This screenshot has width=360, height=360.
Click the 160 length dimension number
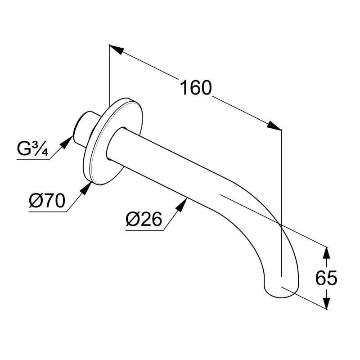196,88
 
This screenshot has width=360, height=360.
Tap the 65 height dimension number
326,278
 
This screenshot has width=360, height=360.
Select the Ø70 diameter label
47,200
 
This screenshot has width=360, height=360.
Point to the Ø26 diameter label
144,219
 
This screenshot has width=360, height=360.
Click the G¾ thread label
32,148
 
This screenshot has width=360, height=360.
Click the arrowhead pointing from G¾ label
67,142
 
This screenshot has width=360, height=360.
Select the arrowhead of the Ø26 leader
181,205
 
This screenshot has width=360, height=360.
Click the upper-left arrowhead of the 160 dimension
117,49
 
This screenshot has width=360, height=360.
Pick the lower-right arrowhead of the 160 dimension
274,126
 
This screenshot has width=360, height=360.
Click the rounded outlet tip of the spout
282,290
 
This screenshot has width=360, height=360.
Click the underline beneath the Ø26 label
144,230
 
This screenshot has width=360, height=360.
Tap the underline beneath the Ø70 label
48,211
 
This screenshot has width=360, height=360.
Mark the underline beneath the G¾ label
33,159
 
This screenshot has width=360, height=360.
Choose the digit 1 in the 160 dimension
184,88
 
